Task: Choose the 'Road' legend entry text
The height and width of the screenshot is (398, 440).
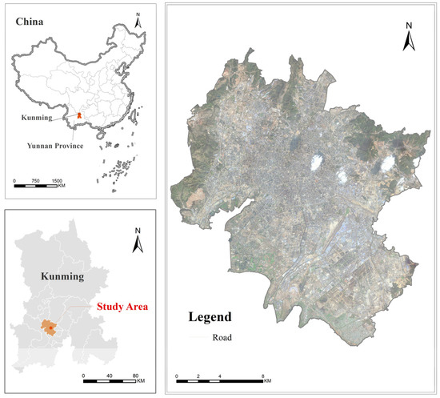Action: pos(223,337)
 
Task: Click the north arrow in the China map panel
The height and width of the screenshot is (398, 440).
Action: pos(138,22)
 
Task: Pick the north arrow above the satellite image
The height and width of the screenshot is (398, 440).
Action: pos(408,38)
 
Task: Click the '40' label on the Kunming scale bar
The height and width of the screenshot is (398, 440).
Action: pos(109,375)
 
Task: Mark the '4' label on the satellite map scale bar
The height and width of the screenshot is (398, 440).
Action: pos(219,376)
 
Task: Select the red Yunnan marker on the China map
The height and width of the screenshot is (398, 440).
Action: pos(78,116)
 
